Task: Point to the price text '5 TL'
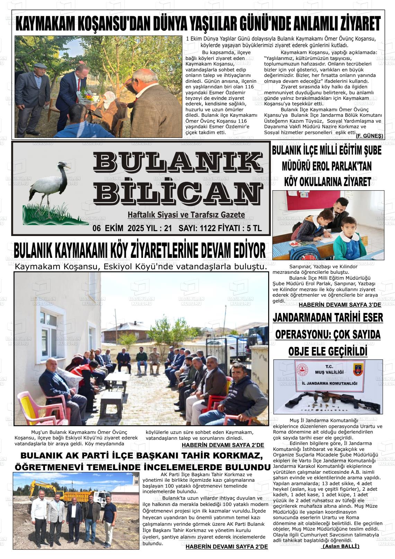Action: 254,228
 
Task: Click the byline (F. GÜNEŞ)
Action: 369,136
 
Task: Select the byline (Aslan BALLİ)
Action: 341,546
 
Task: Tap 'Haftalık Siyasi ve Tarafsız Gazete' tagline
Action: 186,215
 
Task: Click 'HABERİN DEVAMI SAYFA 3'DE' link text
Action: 340,305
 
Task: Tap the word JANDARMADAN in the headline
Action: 303,317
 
